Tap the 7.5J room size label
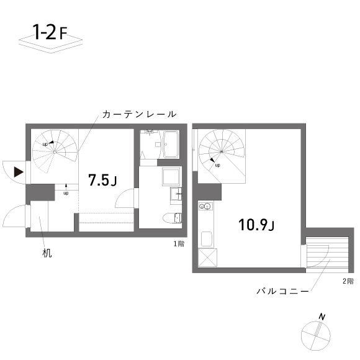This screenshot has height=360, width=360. coord(103,181)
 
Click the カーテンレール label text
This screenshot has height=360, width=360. coord(140,115)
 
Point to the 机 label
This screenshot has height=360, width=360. coord(47,254)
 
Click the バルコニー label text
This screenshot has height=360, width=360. coord(282,290)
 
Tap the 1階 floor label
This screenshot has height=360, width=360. coord(179,244)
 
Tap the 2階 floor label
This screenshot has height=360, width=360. coord(348,281)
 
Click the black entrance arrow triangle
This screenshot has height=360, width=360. coord(19,171)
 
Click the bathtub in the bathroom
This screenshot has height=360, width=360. coord(170,145)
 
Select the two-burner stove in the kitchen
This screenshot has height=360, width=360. coord(206,206)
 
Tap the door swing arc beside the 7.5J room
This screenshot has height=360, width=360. coord(125,200)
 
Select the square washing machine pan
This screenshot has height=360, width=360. coord(171,178)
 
